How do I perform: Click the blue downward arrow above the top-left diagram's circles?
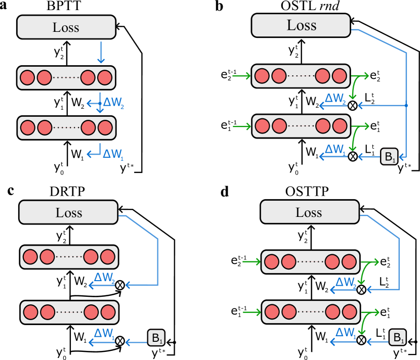(101, 53)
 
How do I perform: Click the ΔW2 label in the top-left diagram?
(113, 103)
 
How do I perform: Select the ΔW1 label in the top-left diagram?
(113, 154)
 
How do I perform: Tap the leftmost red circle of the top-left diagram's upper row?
(27, 77)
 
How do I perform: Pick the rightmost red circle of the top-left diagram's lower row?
(105, 127)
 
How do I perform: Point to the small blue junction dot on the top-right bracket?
(406, 105)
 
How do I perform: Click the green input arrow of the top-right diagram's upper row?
(241, 76)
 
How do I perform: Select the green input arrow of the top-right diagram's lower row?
(241, 126)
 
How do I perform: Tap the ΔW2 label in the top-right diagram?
(335, 99)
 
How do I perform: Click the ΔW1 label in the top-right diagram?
(335, 150)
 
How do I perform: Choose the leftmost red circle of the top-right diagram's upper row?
(262, 76)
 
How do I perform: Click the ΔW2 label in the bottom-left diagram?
(104, 278)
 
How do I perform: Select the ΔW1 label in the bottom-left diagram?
(104, 334)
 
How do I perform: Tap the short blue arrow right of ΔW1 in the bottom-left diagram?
(136, 342)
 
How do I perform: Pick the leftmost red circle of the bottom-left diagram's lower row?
(31, 312)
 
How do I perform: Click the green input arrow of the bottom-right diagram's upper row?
(251, 261)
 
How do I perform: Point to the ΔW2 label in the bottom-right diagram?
(346, 283)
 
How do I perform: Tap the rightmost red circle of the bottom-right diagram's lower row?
(350, 312)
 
